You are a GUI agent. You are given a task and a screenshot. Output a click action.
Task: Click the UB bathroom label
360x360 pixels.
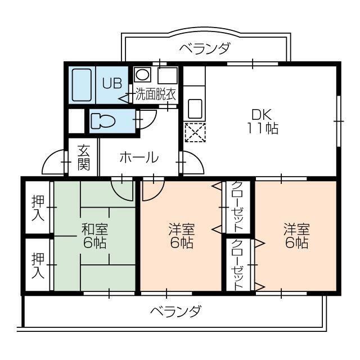(x=111, y=83)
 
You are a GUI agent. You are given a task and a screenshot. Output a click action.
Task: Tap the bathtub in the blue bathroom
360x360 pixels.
(x=82, y=85)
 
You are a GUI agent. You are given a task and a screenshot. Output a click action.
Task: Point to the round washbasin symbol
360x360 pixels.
(x=142, y=74)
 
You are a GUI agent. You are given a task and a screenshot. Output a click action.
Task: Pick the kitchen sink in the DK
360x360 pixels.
(x=195, y=107)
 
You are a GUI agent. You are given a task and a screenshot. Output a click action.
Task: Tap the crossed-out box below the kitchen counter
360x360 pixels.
(x=195, y=132)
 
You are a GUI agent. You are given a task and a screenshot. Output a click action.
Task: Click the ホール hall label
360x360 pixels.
(x=138, y=158)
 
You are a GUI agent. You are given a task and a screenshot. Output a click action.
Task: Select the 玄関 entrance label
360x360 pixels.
(x=84, y=158)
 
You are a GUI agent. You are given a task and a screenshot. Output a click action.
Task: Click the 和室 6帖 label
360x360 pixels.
(x=94, y=236)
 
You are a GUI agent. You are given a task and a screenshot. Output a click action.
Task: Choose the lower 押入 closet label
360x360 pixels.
(x=38, y=265)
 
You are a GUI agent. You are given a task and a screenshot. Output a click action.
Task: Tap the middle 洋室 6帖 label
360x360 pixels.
(x=181, y=236)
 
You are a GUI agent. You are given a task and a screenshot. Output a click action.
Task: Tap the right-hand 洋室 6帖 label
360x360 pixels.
(x=296, y=236)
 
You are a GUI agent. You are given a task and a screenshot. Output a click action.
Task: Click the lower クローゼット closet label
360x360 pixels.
(x=237, y=264)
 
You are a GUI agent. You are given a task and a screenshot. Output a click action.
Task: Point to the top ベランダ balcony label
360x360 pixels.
(x=204, y=48)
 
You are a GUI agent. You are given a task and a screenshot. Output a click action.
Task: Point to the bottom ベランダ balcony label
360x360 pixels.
(x=175, y=310)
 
